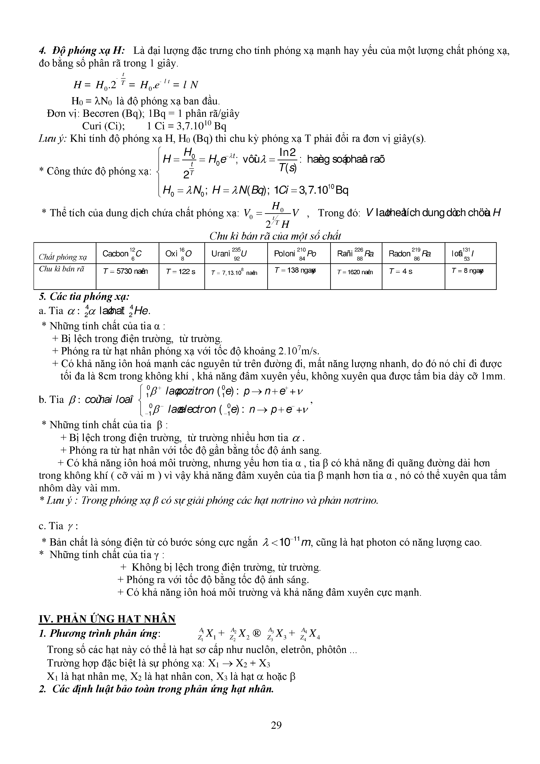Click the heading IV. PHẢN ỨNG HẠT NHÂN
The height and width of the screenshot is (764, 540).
tap(107, 619)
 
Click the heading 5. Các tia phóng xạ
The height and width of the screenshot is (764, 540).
tap(84, 296)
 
